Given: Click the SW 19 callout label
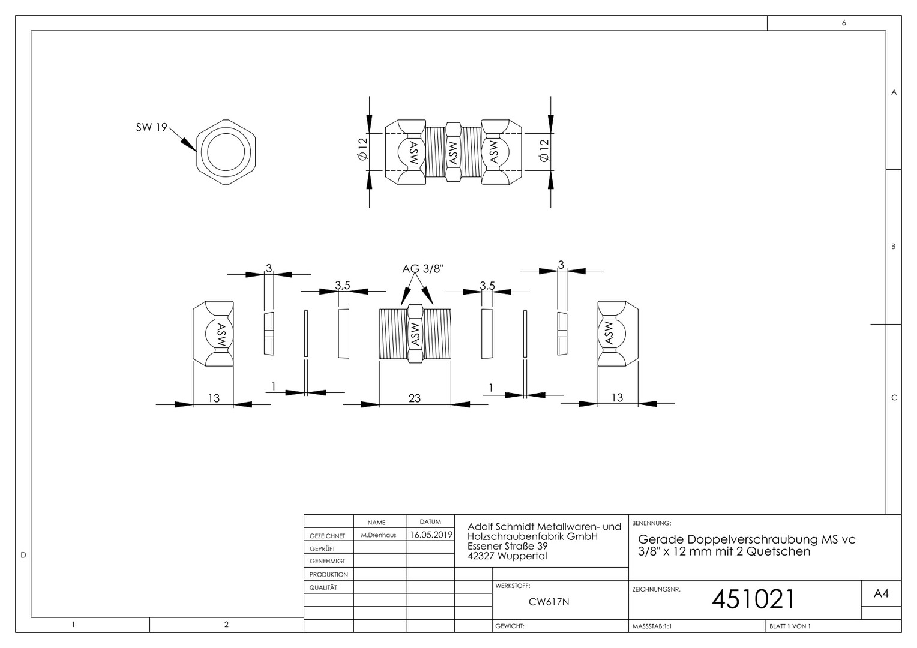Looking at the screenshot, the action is point(151,127).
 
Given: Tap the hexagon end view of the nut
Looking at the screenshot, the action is point(196,152).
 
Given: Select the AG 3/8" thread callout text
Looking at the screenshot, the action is point(423,269).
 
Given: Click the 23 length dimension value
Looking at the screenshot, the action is point(415,398).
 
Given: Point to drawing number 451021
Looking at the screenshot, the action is point(753,599).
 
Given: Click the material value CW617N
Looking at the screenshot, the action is point(549,602).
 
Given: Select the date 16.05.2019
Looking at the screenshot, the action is point(431,535).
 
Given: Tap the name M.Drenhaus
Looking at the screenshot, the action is point(378,535).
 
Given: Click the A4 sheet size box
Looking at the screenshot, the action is point(881,593).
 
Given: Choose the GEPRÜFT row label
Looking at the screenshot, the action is point(322,549).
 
